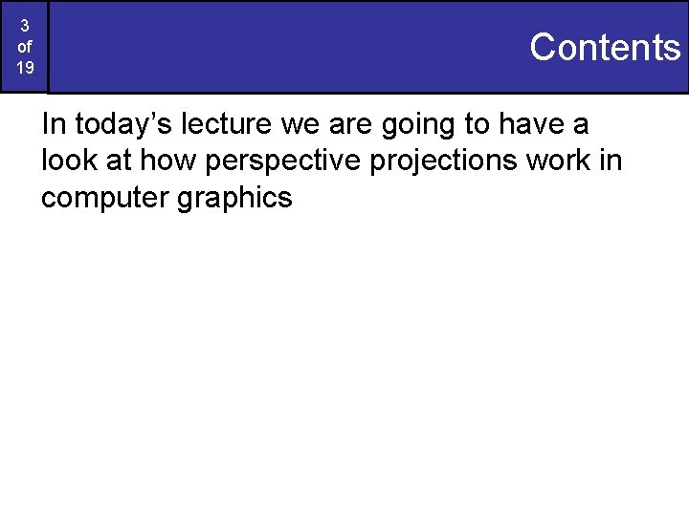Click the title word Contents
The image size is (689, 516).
[604, 47]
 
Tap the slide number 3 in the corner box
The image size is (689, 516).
[25, 26]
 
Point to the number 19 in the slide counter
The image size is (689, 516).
[25, 68]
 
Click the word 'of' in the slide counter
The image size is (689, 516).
[25, 47]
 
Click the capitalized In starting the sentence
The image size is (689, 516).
[53, 124]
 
